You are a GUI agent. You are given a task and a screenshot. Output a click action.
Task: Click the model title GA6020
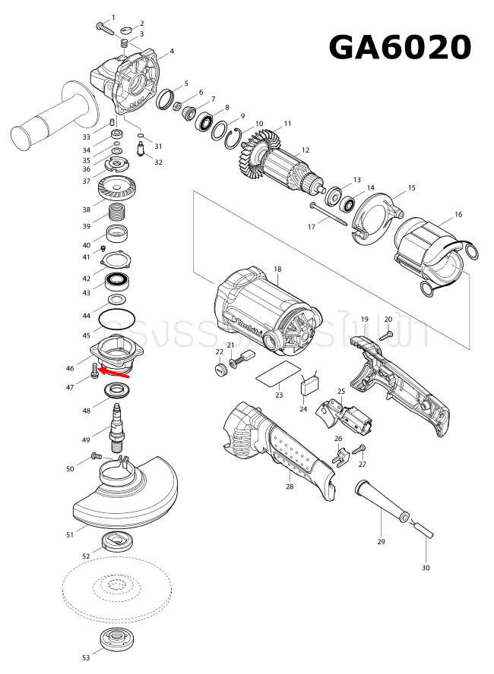(400, 48)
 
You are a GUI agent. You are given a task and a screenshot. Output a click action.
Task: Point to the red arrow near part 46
(115, 373)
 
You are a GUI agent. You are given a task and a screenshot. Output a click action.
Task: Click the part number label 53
(86, 657)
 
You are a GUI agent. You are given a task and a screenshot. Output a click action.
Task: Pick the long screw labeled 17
(328, 213)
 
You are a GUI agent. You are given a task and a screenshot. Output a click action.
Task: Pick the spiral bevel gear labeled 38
(116, 187)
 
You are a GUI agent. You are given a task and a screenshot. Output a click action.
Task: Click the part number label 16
(458, 215)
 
